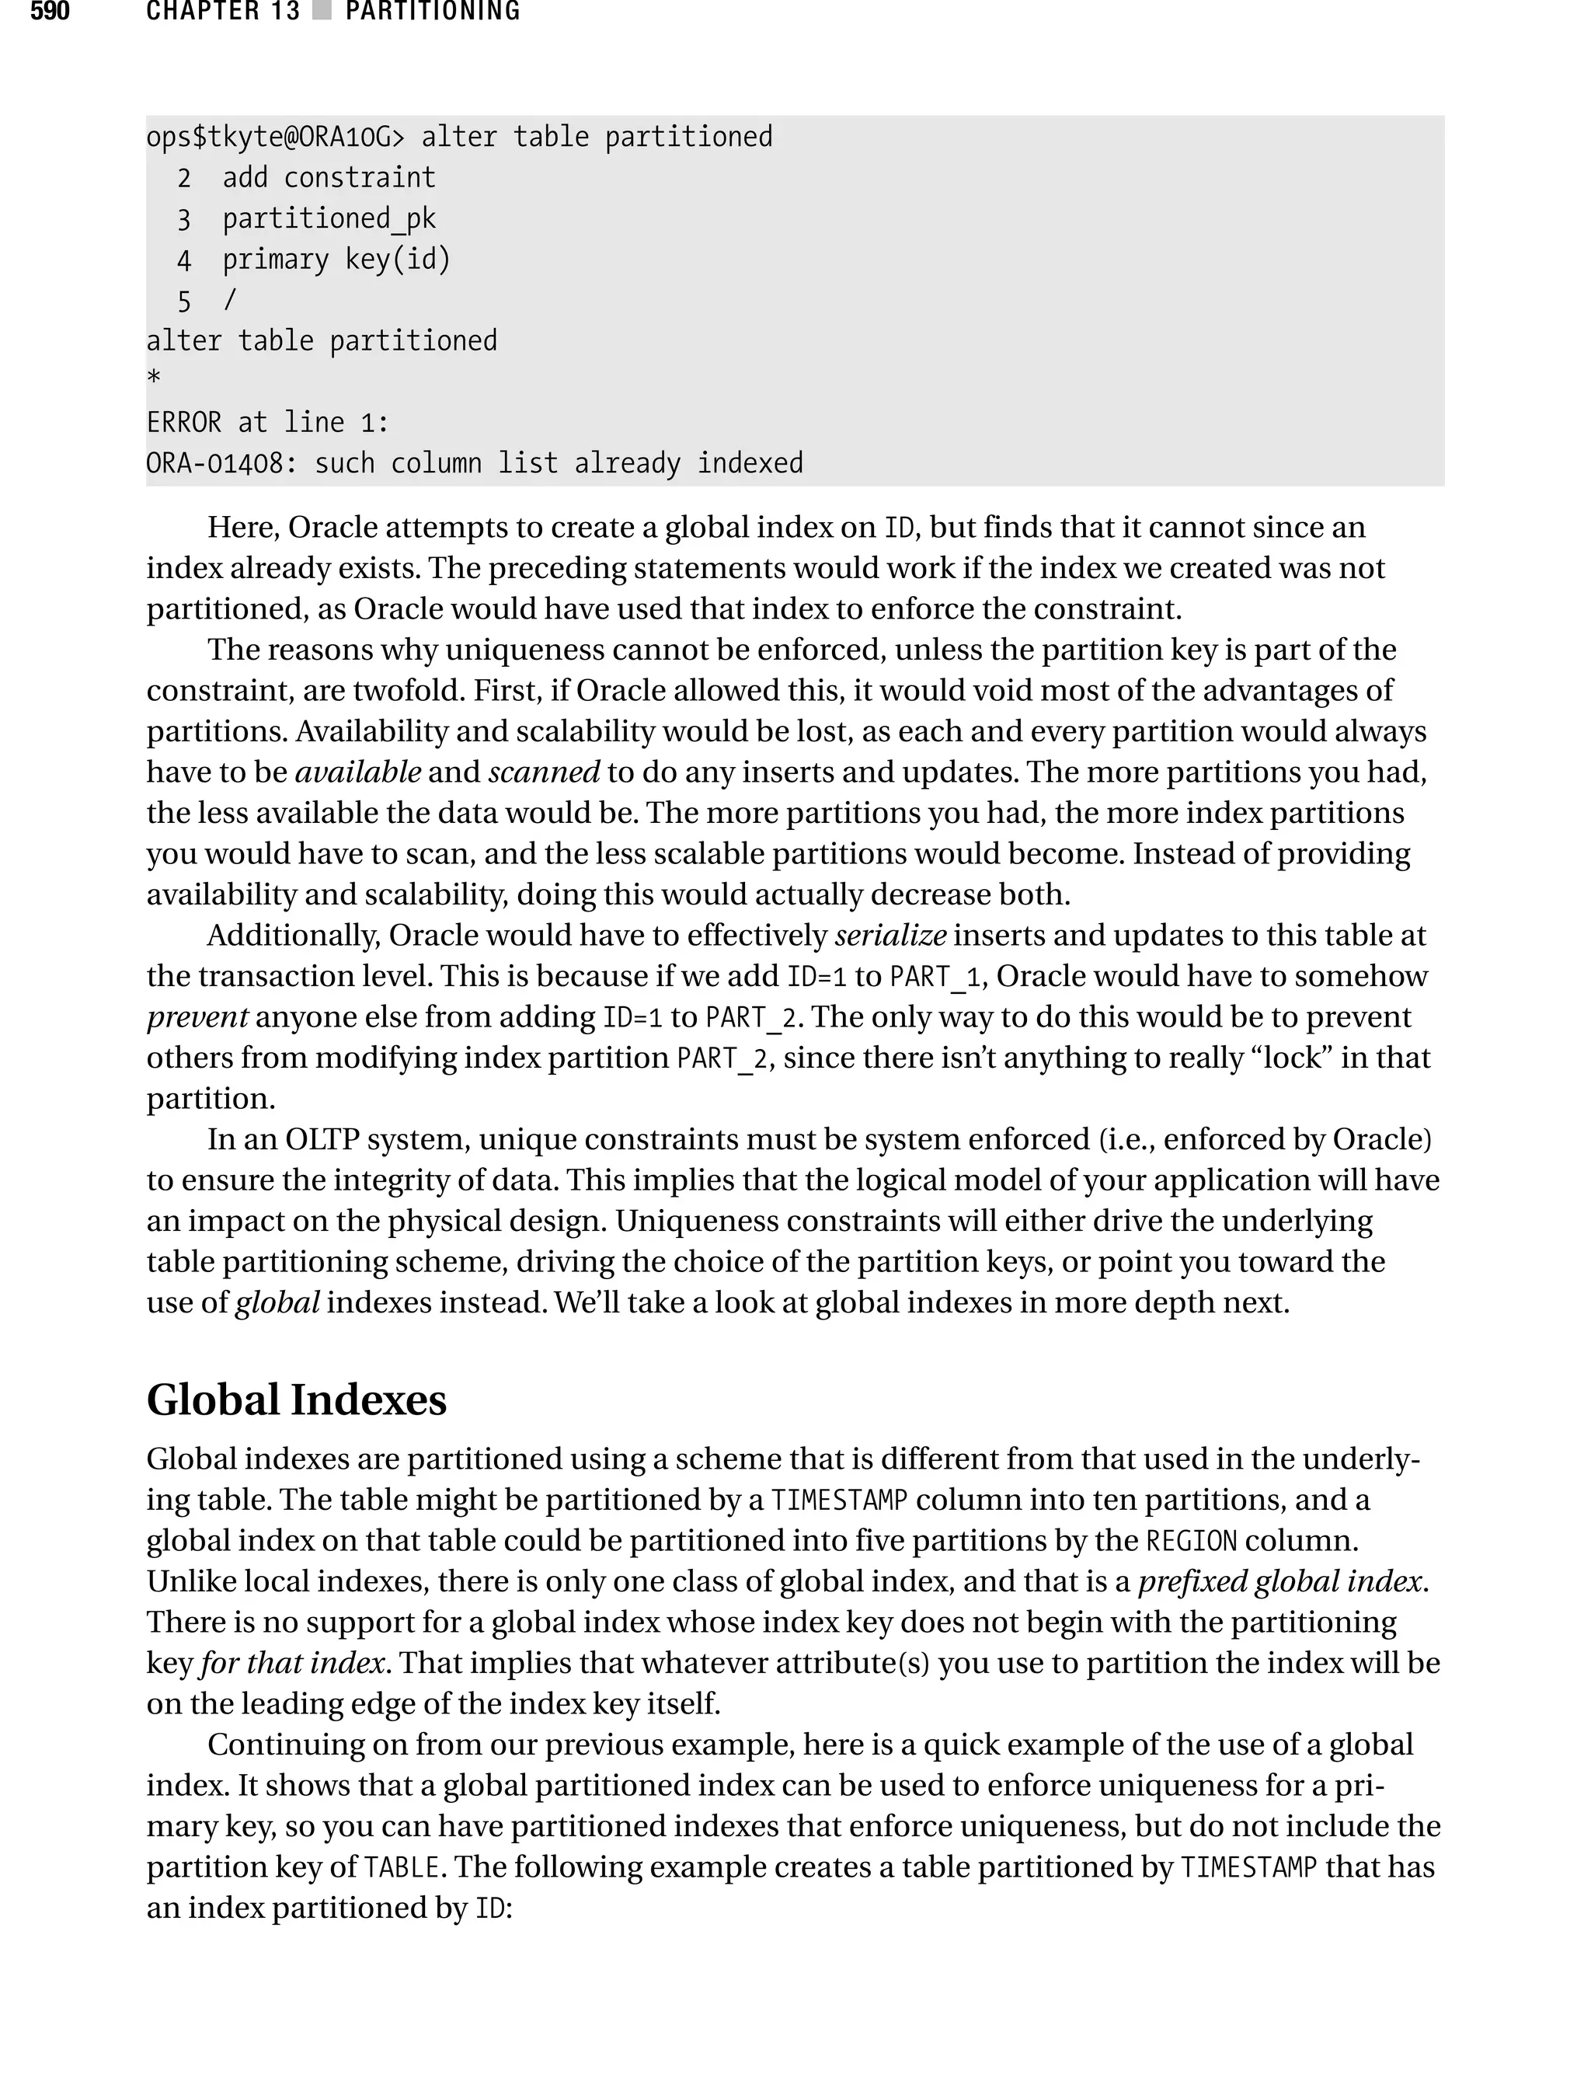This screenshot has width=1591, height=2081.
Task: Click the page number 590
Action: point(49,12)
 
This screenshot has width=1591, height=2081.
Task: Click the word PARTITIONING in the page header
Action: point(433,12)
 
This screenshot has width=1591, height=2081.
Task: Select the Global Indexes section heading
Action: point(297,1400)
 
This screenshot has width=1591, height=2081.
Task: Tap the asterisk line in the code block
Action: point(153,380)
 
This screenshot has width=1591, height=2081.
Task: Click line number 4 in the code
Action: point(183,260)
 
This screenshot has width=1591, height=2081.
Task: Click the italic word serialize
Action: point(889,936)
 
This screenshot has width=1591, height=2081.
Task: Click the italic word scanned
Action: point(544,772)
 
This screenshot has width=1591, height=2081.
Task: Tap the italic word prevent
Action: point(197,1017)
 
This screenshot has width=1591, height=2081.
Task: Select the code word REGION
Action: point(1192,1541)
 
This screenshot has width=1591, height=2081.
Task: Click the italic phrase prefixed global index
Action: point(1281,1582)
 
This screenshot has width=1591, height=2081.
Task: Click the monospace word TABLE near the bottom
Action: point(402,1868)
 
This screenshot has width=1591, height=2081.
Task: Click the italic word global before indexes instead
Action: point(277,1303)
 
